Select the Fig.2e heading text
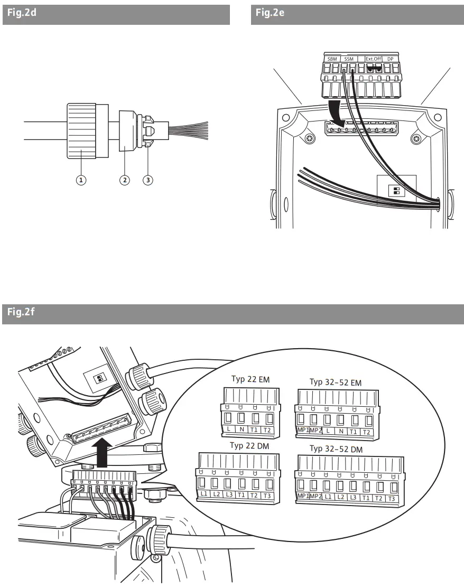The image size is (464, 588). (270, 13)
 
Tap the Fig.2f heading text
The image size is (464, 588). (21, 313)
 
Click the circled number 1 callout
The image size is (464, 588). (81, 180)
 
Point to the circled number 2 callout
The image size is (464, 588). (125, 180)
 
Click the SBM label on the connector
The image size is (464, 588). (332, 59)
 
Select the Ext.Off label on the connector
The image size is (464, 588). (374, 59)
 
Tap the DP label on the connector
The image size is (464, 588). (390, 59)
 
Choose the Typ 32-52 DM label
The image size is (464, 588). (344, 449)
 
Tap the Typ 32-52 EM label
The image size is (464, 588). (336, 382)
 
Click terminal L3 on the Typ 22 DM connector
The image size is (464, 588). (228, 495)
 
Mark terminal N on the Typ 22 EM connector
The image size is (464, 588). (242, 429)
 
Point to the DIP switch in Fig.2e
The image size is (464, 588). (396, 191)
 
